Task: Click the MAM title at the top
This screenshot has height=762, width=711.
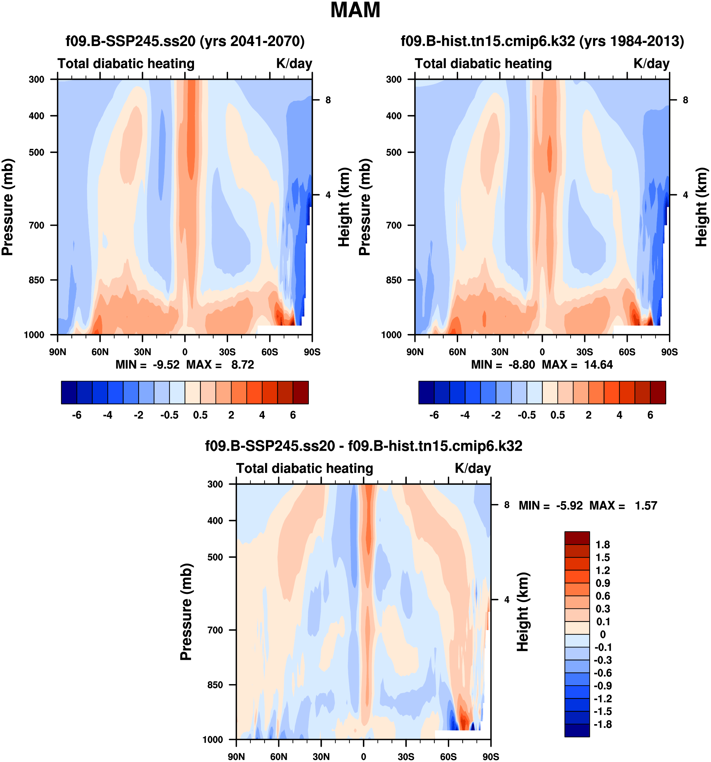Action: (x=355, y=10)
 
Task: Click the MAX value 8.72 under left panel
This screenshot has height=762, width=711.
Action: (x=242, y=365)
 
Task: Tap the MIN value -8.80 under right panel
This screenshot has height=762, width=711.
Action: (x=521, y=365)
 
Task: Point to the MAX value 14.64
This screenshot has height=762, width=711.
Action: (x=598, y=365)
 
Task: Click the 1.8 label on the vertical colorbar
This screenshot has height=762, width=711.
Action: (x=602, y=545)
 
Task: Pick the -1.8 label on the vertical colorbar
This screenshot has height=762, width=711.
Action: (x=602, y=724)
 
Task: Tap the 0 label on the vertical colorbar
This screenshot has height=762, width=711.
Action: (x=602, y=634)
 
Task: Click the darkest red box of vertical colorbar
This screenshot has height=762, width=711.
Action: (x=577, y=538)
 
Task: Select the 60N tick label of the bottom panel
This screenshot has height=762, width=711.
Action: (x=279, y=757)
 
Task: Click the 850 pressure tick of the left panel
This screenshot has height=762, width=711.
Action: (x=37, y=280)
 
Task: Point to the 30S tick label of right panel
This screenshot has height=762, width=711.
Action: (x=585, y=352)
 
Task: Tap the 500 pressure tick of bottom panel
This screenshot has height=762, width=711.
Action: (x=215, y=557)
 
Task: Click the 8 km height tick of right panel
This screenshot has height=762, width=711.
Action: (x=685, y=100)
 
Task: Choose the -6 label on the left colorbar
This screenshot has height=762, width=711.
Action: (x=77, y=415)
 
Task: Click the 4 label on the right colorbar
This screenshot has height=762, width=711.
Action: (x=620, y=415)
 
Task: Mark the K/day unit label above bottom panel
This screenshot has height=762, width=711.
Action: (x=473, y=468)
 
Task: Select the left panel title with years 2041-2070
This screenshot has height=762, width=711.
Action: (x=185, y=41)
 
